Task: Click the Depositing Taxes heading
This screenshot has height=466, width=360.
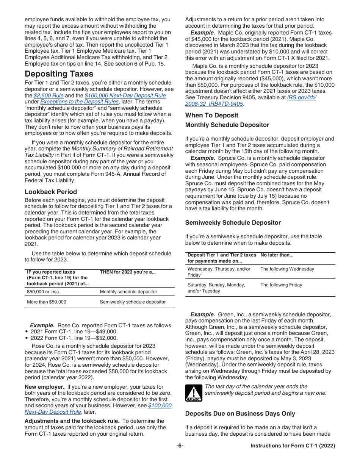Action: tap(59, 73)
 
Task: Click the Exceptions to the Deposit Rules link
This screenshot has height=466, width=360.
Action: tap(79, 102)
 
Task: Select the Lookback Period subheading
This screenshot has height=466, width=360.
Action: tap(51, 192)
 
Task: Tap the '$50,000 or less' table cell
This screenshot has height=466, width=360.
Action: tap(43, 292)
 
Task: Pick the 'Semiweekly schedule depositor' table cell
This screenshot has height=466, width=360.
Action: tap(133, 302)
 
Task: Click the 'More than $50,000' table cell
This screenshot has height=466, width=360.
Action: tap(46, 302)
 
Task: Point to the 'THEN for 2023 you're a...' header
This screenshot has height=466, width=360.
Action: tap(128, 272)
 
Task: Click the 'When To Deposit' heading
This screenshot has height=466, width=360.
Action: tap(212, 115)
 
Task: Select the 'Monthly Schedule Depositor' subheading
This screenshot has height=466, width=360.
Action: tap(227, 125)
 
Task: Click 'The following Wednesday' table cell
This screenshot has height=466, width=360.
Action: tap(287, 269)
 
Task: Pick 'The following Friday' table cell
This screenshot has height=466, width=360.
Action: tap(281, 285)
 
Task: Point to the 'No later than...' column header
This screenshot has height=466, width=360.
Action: tap(277, 255)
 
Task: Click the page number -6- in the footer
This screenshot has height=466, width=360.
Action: tap(180, 446)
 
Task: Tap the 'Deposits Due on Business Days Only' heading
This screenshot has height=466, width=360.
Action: tap(240, 414)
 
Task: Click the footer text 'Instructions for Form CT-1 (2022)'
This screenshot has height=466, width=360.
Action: tap(293, 446)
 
